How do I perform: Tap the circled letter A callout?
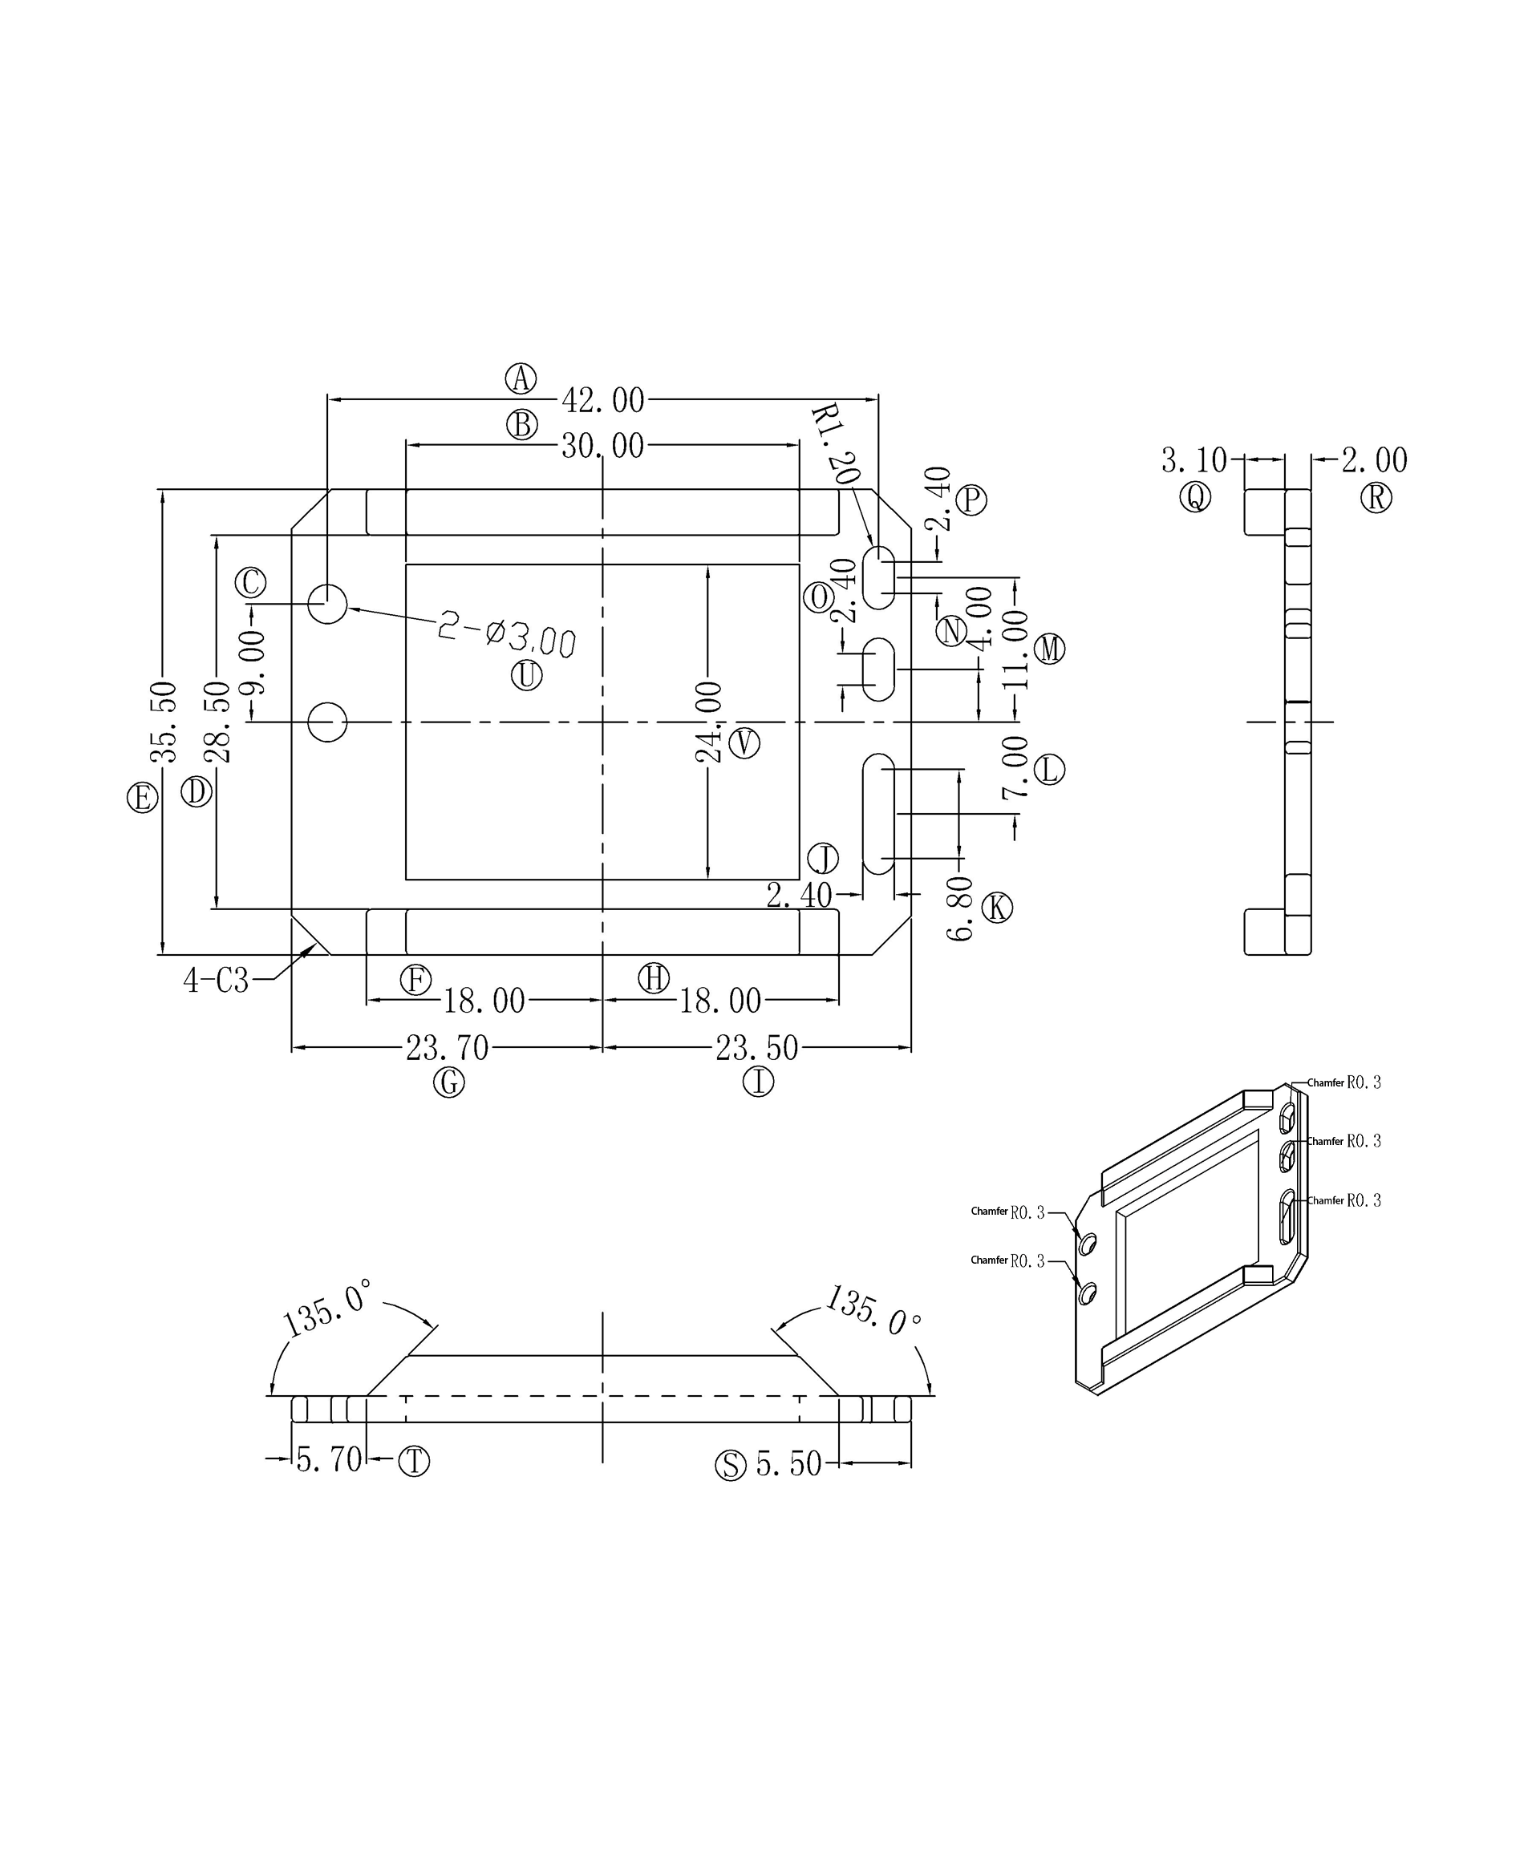pos(521,378)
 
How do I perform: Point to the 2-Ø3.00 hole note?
pos(507,635)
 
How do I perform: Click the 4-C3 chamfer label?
pos(217,981)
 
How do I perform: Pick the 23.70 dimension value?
pos(447,1047)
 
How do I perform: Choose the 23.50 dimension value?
pos(756,1047)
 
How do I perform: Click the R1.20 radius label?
pos(834,444)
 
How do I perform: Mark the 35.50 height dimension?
pos(164,721)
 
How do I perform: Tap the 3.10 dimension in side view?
pos(1193,459)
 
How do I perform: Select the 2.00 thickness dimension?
pos(1374,459)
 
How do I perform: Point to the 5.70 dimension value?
pos(328,1459)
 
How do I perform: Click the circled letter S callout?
pos(730,1465)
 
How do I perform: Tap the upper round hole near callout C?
pos(327,604)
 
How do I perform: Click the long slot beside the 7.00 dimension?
pos(878,814)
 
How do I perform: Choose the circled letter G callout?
pos(448,1082)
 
